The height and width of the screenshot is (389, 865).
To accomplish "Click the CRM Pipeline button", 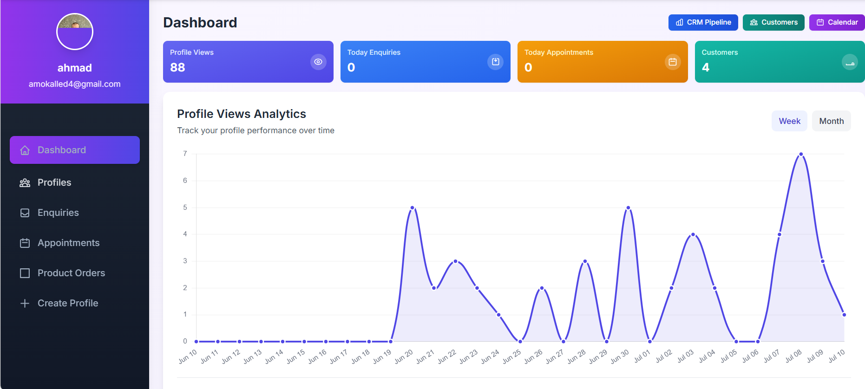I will [x=703, y=22].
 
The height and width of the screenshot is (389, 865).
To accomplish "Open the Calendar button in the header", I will [x=837, y=22].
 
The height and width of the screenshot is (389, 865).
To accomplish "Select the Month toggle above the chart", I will [x=831, y=121].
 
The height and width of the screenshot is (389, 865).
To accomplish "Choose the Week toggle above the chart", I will [x=789, y=121].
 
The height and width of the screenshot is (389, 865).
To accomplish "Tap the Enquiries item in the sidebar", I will [x=58, y=213].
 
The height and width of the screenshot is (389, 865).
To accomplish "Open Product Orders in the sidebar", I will [x=71, y=273].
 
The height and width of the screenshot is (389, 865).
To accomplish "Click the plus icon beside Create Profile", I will [x=25, y=303].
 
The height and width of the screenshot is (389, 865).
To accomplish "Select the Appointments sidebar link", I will [x=68, y=243].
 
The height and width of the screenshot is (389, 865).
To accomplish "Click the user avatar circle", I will [x=75, y=32].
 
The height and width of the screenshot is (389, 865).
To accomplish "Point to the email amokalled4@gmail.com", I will [x=75, y=84].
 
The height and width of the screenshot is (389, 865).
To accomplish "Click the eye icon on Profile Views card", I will [x=318, y=62].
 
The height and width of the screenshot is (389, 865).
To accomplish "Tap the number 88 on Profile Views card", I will [x=177, y=67].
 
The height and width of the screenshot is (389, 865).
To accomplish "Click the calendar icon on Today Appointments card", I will [x=672, y=62].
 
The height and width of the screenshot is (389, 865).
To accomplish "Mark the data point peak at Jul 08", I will [x=801, y=154].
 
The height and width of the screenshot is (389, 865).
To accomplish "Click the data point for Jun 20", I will [x=412, y=207].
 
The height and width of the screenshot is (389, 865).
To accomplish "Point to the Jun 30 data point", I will [x=628, y=207].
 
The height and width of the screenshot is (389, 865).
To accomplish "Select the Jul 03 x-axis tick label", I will [x=685, y=356].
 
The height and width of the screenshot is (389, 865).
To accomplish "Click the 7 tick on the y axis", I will [x=185, y=154].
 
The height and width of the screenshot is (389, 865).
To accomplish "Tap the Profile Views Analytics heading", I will [x=242, y=114].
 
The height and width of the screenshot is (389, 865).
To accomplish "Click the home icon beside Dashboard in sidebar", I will [x=25, y=150].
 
